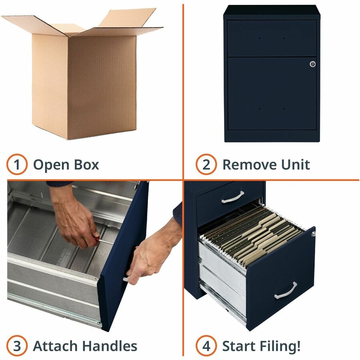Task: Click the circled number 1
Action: (17, 164)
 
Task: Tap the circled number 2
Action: (206, 164)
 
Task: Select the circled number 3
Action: (17, 346)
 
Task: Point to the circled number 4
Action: (206, 346)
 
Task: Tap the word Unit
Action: (296, 165)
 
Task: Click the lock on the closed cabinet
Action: (312, 64)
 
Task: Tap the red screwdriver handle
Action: (97, 239)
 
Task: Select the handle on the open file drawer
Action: (286, 291)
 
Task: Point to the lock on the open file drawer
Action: (313, 234)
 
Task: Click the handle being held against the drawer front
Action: (126, 280)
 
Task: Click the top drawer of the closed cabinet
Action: (272, 38)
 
